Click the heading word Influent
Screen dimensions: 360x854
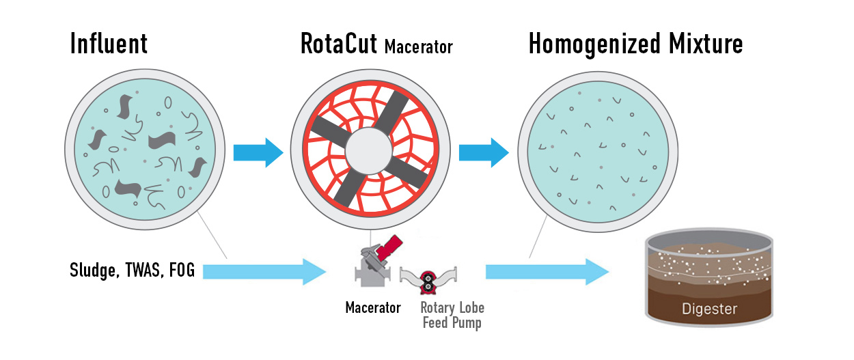click(x=108, y=44)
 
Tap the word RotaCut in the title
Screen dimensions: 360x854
click(x=340, y=44)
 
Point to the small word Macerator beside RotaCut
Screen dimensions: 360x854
click(x=418, y=47)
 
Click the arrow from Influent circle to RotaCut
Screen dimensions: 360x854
click(x=258, y=152)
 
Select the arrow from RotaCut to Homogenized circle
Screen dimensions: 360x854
click(x=483, y=152)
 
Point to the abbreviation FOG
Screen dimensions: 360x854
click(x=181, y=271)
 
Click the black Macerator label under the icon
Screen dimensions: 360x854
click(x=373, y=308)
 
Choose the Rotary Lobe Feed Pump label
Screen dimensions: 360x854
click(x=452, y=315)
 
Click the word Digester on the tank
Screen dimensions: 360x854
click(x=710, y=309)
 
